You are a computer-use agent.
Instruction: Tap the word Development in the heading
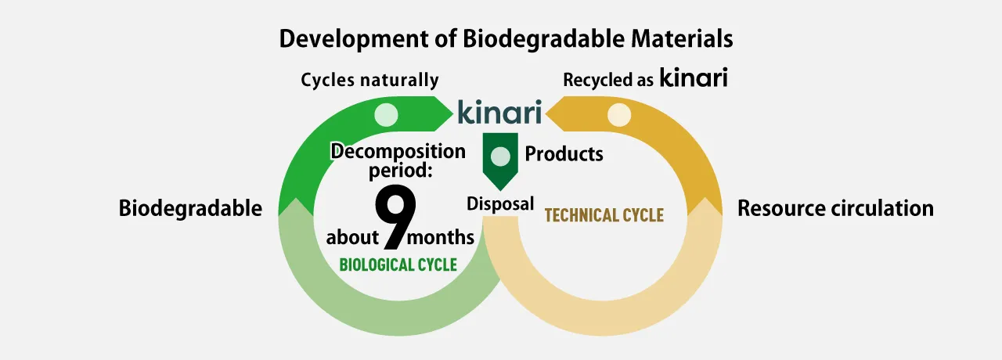(x=353, y=40)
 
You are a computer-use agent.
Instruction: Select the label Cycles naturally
(x=369, y=80)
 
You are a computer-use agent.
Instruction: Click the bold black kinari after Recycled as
(x=694, y=77)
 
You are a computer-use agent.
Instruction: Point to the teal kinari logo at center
(x=499, y=112)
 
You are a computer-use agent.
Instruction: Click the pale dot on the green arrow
(x=386, y=114)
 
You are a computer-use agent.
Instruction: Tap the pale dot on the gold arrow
(x=619, y=114)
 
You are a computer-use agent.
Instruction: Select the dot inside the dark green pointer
(x=500, y=156)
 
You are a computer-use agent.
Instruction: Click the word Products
(x=564, y=154)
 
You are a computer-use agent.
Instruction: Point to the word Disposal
(x=500, y=204)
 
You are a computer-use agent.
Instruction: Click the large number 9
(x=395, y=217)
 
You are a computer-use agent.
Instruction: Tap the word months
(x=440, y=237)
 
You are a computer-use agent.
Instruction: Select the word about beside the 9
(x=352, y=237)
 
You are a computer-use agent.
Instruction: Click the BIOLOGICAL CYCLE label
(x=398, y=265)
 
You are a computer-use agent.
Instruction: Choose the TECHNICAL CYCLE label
(x=604, y=215)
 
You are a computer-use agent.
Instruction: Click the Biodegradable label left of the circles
(x=190, y=208)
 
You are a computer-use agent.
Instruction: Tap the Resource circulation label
(x=835, y=208)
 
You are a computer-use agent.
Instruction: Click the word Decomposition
(x=398, y=152)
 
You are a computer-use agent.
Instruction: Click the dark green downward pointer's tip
(x=500, y=190)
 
